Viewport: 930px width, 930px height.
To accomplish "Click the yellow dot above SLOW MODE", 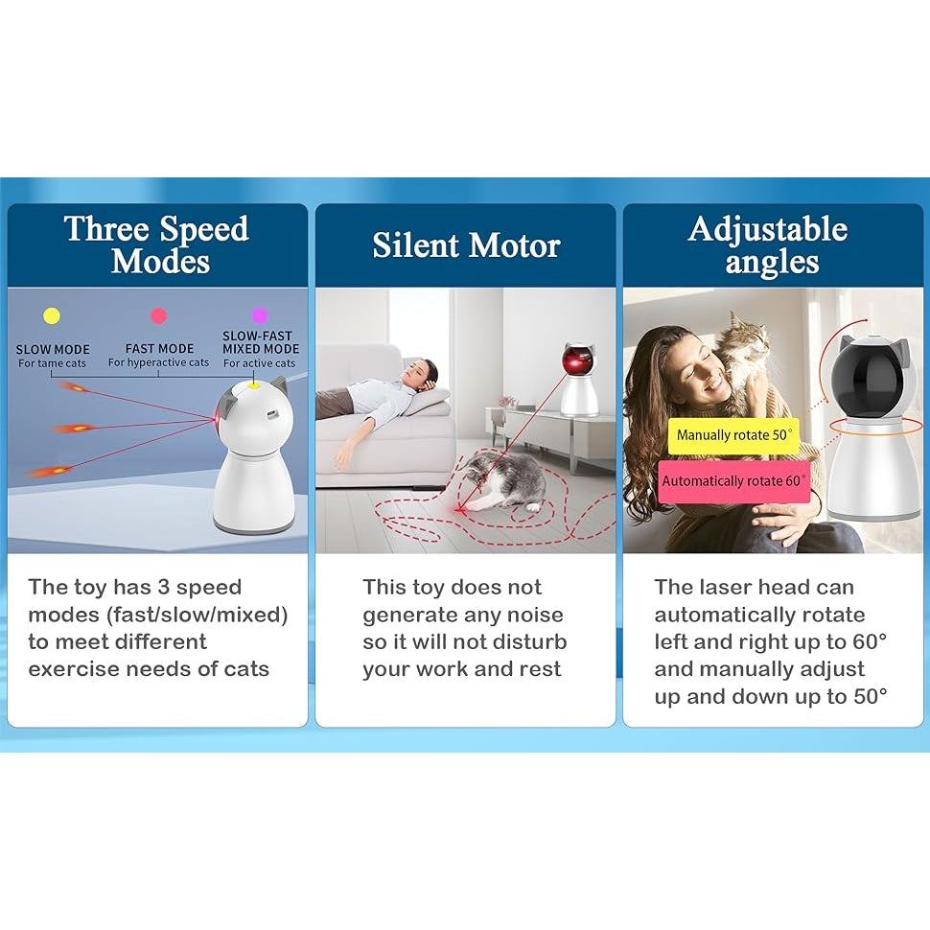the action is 52,315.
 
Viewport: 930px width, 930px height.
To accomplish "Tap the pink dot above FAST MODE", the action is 158,315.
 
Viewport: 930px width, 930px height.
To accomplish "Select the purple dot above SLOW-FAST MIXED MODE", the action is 260,315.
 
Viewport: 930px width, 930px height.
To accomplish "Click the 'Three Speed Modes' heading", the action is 156,244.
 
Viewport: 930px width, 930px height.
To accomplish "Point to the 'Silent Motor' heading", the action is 466,244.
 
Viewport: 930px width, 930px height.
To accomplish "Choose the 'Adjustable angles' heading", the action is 768,244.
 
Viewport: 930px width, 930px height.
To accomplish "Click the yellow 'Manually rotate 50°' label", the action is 733,435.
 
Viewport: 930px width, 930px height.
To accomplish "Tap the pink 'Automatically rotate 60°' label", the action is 734,481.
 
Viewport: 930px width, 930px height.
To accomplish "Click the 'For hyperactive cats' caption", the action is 158,362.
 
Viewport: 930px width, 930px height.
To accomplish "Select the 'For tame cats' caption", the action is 52,363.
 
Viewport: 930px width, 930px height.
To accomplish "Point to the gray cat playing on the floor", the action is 503,479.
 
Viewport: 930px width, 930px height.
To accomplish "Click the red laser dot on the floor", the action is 460,509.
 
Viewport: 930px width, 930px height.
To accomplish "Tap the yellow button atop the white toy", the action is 254,386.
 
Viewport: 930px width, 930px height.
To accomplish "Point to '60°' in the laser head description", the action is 869,641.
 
